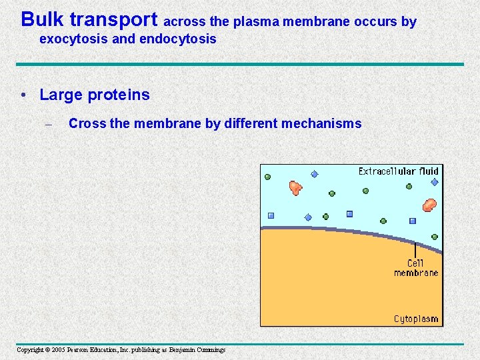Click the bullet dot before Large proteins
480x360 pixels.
coord(25,95)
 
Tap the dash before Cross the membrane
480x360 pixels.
coord(48,124)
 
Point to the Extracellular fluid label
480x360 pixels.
coord(398,171)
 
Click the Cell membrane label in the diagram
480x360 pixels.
coord(416,268)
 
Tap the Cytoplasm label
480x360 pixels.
coord(416,319)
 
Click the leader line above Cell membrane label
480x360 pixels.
coord(415,249)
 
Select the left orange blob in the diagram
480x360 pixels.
coord(295,188)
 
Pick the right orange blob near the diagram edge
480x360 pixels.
coord(429,205)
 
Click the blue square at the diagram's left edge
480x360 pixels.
coord(271,215)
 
